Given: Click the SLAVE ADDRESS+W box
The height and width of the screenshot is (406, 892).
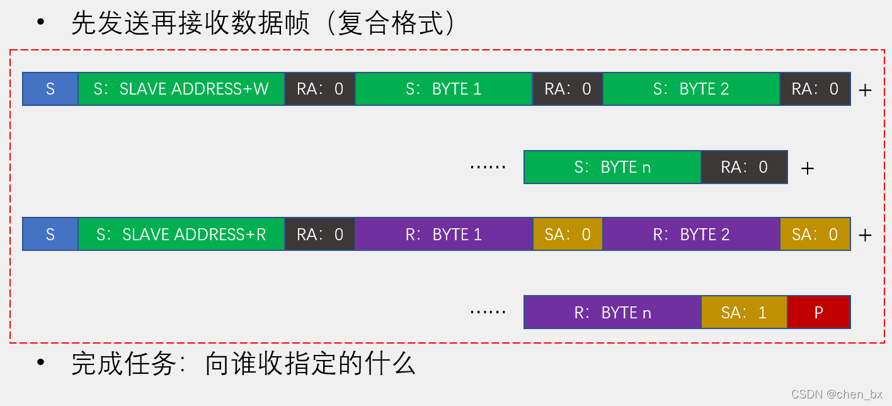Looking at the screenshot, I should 181,89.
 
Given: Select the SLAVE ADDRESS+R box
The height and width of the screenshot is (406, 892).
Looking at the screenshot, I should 181,235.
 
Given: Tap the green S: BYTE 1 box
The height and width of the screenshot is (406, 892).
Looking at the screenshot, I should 443,89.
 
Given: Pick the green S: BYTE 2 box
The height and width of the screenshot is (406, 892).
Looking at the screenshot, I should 691,89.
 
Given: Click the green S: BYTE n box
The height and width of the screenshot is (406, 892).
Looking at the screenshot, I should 612,167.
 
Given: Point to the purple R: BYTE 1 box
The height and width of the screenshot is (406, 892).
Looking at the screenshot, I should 443,235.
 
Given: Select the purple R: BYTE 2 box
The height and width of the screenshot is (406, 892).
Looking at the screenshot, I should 691,235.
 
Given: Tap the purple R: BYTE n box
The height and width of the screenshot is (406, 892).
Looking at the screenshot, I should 612,313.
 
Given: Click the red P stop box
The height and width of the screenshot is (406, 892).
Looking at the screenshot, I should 819,313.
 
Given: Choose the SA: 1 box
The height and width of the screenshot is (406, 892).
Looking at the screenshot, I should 744,313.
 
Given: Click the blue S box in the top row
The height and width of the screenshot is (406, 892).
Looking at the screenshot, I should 50,89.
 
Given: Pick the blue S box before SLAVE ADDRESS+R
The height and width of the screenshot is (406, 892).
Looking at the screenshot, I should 50,235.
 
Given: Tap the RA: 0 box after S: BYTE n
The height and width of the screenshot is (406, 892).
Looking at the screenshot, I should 744,167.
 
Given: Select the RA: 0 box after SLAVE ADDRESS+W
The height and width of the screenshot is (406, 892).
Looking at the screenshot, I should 320,89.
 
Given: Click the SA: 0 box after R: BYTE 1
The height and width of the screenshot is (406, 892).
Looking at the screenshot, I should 568,235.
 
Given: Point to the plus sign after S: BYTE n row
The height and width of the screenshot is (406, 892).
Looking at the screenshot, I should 807,168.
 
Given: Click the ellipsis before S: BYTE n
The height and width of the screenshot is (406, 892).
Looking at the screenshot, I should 488,168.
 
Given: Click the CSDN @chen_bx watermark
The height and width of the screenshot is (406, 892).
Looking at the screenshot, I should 837,395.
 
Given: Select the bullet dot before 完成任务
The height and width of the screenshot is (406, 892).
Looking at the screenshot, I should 41,362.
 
